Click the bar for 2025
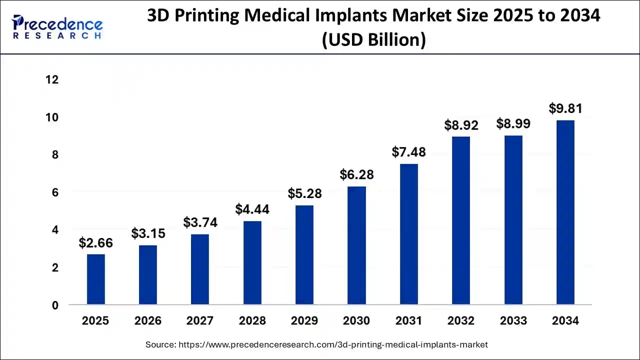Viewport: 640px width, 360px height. tap(96, 279)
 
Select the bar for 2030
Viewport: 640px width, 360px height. tap(357, 245)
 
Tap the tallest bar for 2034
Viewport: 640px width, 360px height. tap(565, 212)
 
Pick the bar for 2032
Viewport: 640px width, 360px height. tap(461, 220)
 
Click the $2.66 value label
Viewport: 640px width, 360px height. tap(96, 243)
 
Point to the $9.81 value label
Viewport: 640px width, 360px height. tap(565, 108)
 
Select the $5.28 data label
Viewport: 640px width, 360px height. tap(304, 193)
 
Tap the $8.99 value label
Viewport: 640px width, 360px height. tap(513, 124)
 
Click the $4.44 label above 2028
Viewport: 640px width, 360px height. tap(252, 209)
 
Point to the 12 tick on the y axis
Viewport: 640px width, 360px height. tap(52, 80)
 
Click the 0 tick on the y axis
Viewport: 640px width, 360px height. tap(55, 305)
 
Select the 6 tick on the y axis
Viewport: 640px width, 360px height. tap(55, 192)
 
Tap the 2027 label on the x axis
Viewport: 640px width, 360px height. tap(200, 321)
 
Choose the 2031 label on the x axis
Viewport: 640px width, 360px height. tap(409, 321)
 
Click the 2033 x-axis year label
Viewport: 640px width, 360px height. tap(513, 321)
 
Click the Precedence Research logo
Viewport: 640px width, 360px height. tap(57, 27)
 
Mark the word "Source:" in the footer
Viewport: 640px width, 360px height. tap(160, 344)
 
